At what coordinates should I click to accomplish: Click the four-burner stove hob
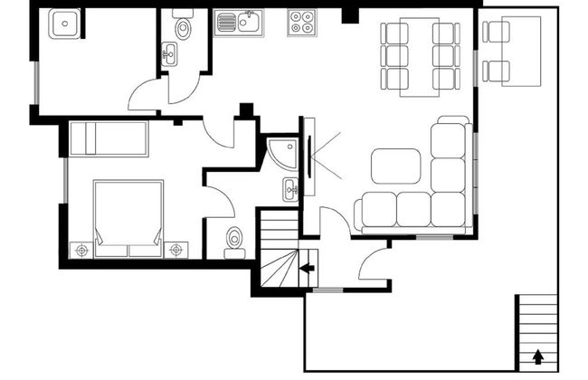(x=302, y=23)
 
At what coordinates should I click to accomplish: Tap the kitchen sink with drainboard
(x=239, y=23)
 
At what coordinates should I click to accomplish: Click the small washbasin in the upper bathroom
(x=169, y=55)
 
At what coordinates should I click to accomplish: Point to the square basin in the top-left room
(x=64, y=24)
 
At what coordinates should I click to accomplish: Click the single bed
(x=109, y=138)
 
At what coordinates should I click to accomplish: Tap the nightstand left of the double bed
(x=81, y=248)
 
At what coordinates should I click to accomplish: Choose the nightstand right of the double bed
(x=175, y=247)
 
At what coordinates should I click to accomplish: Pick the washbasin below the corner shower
(x=289, y=189)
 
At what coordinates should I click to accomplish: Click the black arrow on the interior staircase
(x=307, y=268)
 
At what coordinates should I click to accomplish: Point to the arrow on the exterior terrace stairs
(x=540, y=356)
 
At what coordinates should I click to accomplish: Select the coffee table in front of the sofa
(x=395, y=166)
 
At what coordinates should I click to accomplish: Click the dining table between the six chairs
(x=419, y=55)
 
